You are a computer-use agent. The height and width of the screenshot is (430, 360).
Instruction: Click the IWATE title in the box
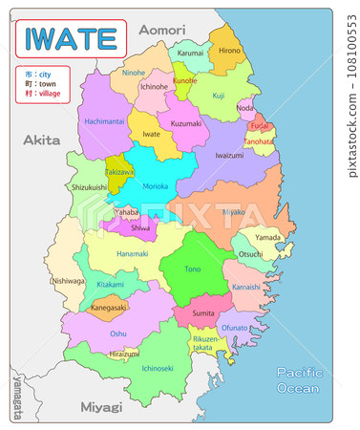(70, 39)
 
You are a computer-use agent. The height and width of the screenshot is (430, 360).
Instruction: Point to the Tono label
(193, 269)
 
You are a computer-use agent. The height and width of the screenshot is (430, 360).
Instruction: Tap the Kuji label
(219, 96)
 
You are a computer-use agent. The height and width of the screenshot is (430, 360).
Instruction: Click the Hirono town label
(229, 50)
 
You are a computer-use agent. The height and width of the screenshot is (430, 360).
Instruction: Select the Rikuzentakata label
(205, 344)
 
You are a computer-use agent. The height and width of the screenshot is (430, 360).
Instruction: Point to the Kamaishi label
(245, 287)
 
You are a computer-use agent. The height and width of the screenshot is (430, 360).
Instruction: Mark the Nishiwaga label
(68, 281)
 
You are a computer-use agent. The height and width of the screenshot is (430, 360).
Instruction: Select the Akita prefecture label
(41, 140)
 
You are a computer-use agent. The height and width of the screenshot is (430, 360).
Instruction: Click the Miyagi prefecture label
(101, 407)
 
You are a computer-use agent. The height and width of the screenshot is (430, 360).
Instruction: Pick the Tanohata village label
(257, 141)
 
